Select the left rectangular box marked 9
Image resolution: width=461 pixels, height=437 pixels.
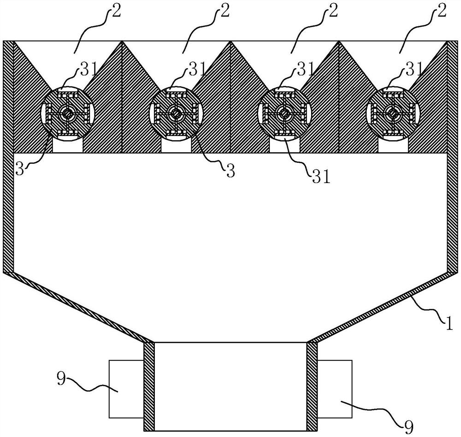click(x=126, y=389)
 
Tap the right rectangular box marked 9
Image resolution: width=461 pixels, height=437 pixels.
click(x=335, y=389)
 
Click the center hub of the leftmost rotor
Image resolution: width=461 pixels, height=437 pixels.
click(x=68, y=113)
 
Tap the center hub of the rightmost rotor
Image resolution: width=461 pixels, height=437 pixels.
click(x=392, y=113)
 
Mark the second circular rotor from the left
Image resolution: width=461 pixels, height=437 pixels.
click(x=176, y=113)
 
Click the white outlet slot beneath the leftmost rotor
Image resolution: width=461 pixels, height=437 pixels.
click(x=68, y=146)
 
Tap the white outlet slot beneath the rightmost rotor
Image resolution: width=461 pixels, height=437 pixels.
click(x=392, y=146)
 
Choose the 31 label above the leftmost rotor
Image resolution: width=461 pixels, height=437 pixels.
click(x=87, y=70)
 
